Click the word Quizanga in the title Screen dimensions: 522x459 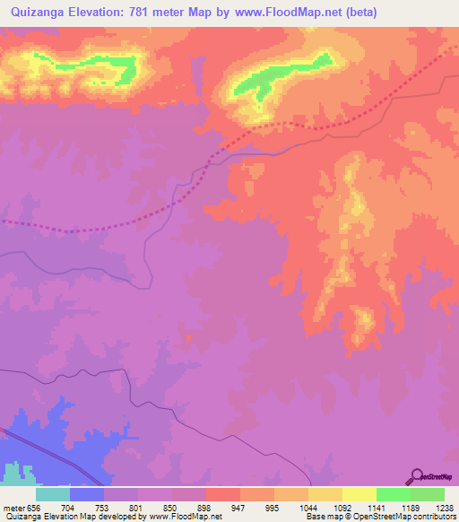pyautogui.click(x=37, y=13)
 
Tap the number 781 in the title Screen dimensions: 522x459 pyautogui.click(x=151, y=13)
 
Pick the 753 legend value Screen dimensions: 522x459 pyautogui.click(x=122, y=507)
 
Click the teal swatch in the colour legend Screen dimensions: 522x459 pyautogui.click(x=53, y=494)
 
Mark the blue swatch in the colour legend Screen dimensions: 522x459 pyautogui.click(x=87, y=494)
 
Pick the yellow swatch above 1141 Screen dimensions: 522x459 pyautogui.click(x=359, y=494)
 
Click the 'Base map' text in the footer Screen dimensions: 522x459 pyautogui.click(x=320, y=517)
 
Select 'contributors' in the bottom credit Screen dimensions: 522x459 pyautogui.click(x=436, y=517)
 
